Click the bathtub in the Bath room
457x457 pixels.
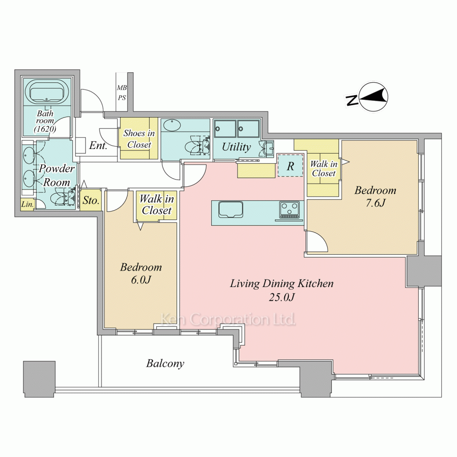47,92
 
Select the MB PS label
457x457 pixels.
122,93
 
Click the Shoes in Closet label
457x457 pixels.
139,139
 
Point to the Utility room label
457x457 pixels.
236,147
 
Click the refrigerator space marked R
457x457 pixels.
290,166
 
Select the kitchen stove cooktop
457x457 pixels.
290,210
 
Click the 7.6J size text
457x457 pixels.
375,203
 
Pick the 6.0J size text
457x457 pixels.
141,280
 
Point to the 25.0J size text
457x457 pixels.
282,297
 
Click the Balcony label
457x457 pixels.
165,363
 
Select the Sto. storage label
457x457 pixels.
91,200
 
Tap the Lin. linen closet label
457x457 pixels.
27,204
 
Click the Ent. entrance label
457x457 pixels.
98,145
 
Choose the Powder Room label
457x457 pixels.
57,175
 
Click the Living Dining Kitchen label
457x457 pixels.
282,284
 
